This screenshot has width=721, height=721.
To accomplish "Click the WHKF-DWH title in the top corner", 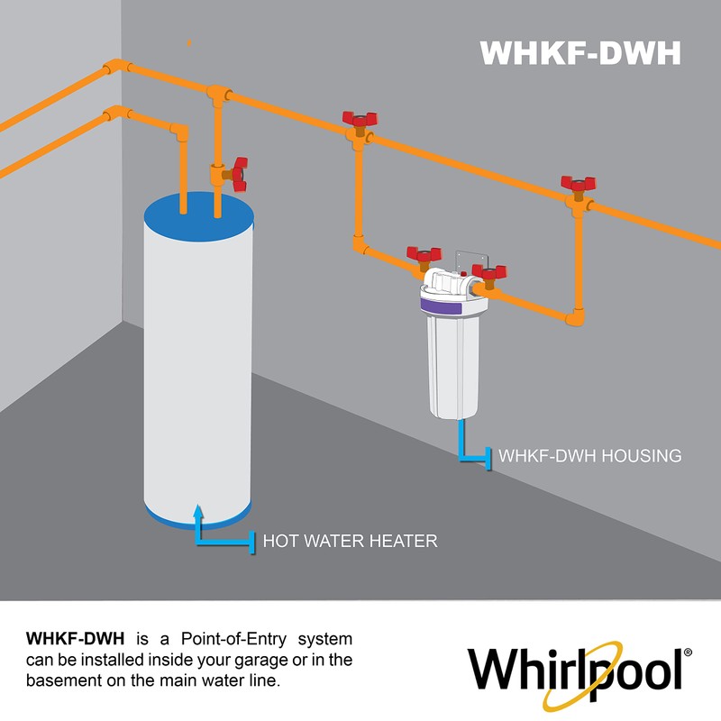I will pos(580,52).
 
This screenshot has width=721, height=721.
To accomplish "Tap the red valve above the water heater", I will pos(238,173).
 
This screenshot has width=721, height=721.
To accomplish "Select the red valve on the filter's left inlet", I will pos(423,256).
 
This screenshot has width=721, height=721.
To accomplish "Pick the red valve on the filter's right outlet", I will pos(488,273).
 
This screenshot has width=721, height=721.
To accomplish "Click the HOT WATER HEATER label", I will pos(350,541).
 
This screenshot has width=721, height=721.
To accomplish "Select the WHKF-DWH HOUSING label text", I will pos(589,456).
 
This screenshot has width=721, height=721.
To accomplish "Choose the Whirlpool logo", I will pos(577,668).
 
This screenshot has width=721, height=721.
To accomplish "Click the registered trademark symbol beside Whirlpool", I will pos(689,652).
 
